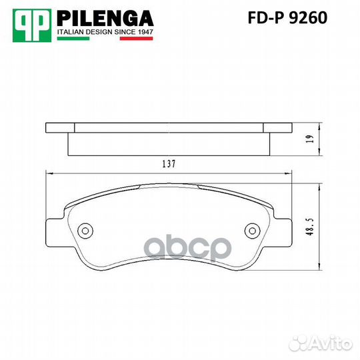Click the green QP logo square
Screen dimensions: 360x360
point(32,25)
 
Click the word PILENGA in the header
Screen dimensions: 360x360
point(105,19)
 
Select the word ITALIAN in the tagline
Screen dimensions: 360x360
point(70,32)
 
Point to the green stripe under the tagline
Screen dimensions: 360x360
point(73,39)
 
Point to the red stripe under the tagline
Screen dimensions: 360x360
point(137,39)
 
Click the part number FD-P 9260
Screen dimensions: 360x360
point(287,18)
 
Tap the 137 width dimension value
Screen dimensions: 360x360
point(169,164)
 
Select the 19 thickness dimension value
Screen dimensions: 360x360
point(310,139)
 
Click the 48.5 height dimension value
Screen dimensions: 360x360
point(310,227)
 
